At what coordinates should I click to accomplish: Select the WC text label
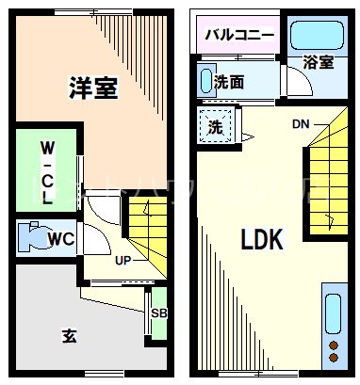click(62, 238)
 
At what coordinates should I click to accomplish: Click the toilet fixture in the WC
click(34, 237)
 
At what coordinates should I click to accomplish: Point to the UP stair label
click(123, 261)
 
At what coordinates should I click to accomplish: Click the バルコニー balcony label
click(241, 36)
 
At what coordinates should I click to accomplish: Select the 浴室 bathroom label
click(318, 63)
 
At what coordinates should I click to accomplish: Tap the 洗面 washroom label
click(228, 82)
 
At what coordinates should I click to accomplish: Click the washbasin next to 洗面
click(205, 81)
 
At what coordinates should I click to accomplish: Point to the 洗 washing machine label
click(215, 125)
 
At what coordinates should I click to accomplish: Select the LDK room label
click(262, 239)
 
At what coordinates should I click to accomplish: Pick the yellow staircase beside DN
click(327, 179)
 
